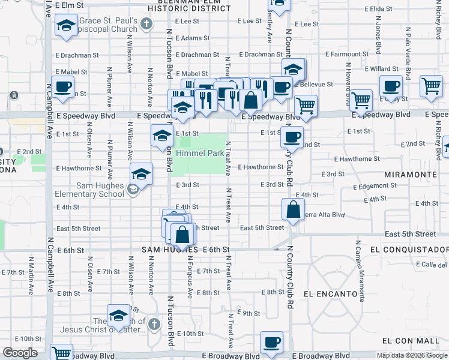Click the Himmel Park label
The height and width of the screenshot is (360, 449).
(199, 154)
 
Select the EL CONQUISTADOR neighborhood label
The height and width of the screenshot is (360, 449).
(408, 249)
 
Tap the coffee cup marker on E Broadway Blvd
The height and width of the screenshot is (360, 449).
(271, 343)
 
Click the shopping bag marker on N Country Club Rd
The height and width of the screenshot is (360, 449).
(293, 211)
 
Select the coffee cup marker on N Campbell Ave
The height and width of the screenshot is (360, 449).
(62, 88)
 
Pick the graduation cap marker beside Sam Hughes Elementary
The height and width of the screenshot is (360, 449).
(142, 175)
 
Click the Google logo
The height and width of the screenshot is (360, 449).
(20, 353)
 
